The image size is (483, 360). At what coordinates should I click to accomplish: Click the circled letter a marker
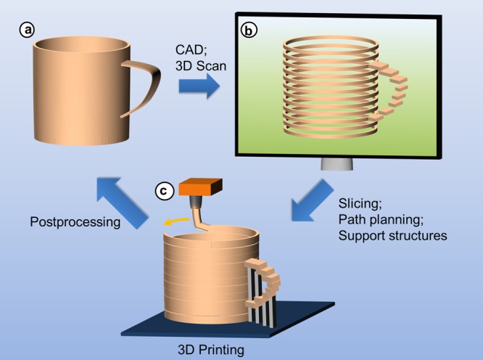tap(28, 30)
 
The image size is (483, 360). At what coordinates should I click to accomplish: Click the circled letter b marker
tap(249, 31)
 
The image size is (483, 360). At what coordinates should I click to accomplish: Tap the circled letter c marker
tap(165, 192)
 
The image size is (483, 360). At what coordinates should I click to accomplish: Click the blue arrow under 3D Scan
tap(197, 89)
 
